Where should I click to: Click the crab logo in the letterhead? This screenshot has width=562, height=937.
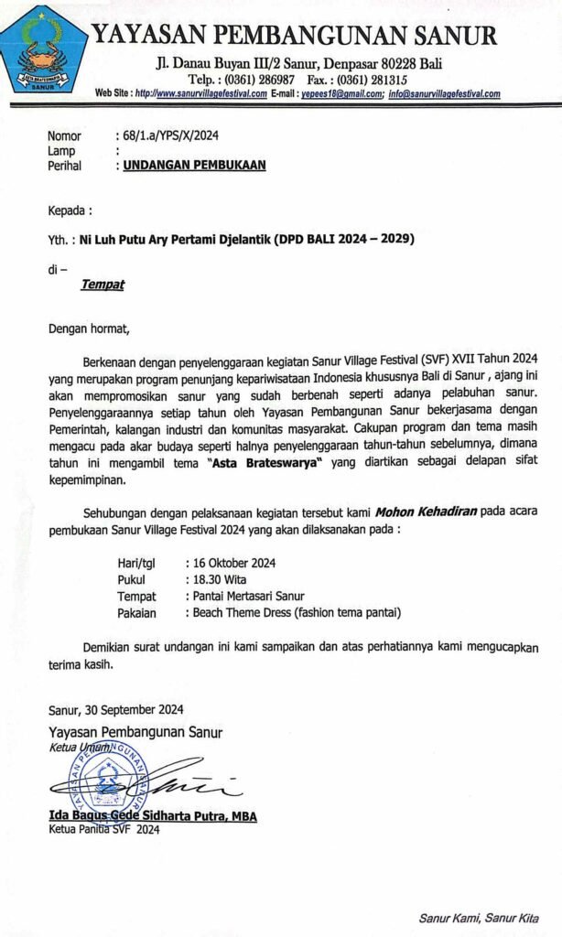[43, 51]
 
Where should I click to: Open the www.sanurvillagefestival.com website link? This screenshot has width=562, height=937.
[203, 94]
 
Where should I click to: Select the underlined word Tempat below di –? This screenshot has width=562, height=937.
[102, 285]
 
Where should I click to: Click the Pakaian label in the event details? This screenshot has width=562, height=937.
[137, 612]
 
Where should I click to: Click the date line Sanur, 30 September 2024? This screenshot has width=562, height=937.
[117, 709]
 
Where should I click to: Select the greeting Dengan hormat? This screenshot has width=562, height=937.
[90, 327]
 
